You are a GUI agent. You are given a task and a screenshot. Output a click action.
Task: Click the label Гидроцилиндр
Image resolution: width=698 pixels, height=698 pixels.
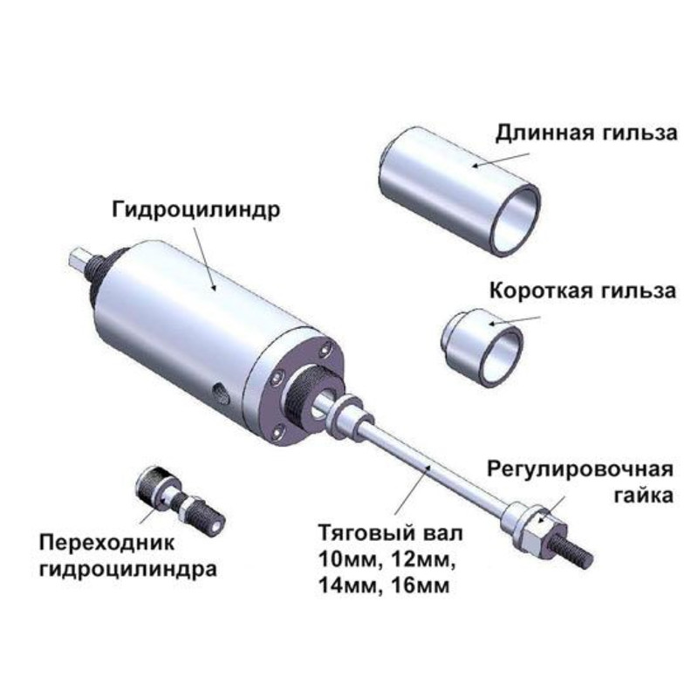(195, 210)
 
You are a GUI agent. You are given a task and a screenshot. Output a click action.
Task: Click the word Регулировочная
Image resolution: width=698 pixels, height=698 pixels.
(580, 469)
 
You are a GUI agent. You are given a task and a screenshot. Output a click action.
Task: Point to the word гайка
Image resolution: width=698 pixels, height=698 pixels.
(643, 495)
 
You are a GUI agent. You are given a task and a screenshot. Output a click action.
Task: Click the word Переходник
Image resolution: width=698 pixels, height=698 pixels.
(106, 543)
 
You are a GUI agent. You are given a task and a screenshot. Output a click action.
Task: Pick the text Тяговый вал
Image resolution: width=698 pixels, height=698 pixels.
(390, 533)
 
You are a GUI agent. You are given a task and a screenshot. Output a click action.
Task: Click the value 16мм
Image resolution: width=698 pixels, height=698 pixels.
(421, 586)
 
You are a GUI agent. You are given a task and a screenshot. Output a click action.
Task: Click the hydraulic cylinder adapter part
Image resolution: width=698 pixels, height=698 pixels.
(180, 497)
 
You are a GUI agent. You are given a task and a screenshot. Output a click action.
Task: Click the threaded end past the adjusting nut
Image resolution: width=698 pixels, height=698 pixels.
(573, 550)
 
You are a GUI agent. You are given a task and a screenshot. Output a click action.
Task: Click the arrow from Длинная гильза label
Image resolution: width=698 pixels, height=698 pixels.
(500, 160)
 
